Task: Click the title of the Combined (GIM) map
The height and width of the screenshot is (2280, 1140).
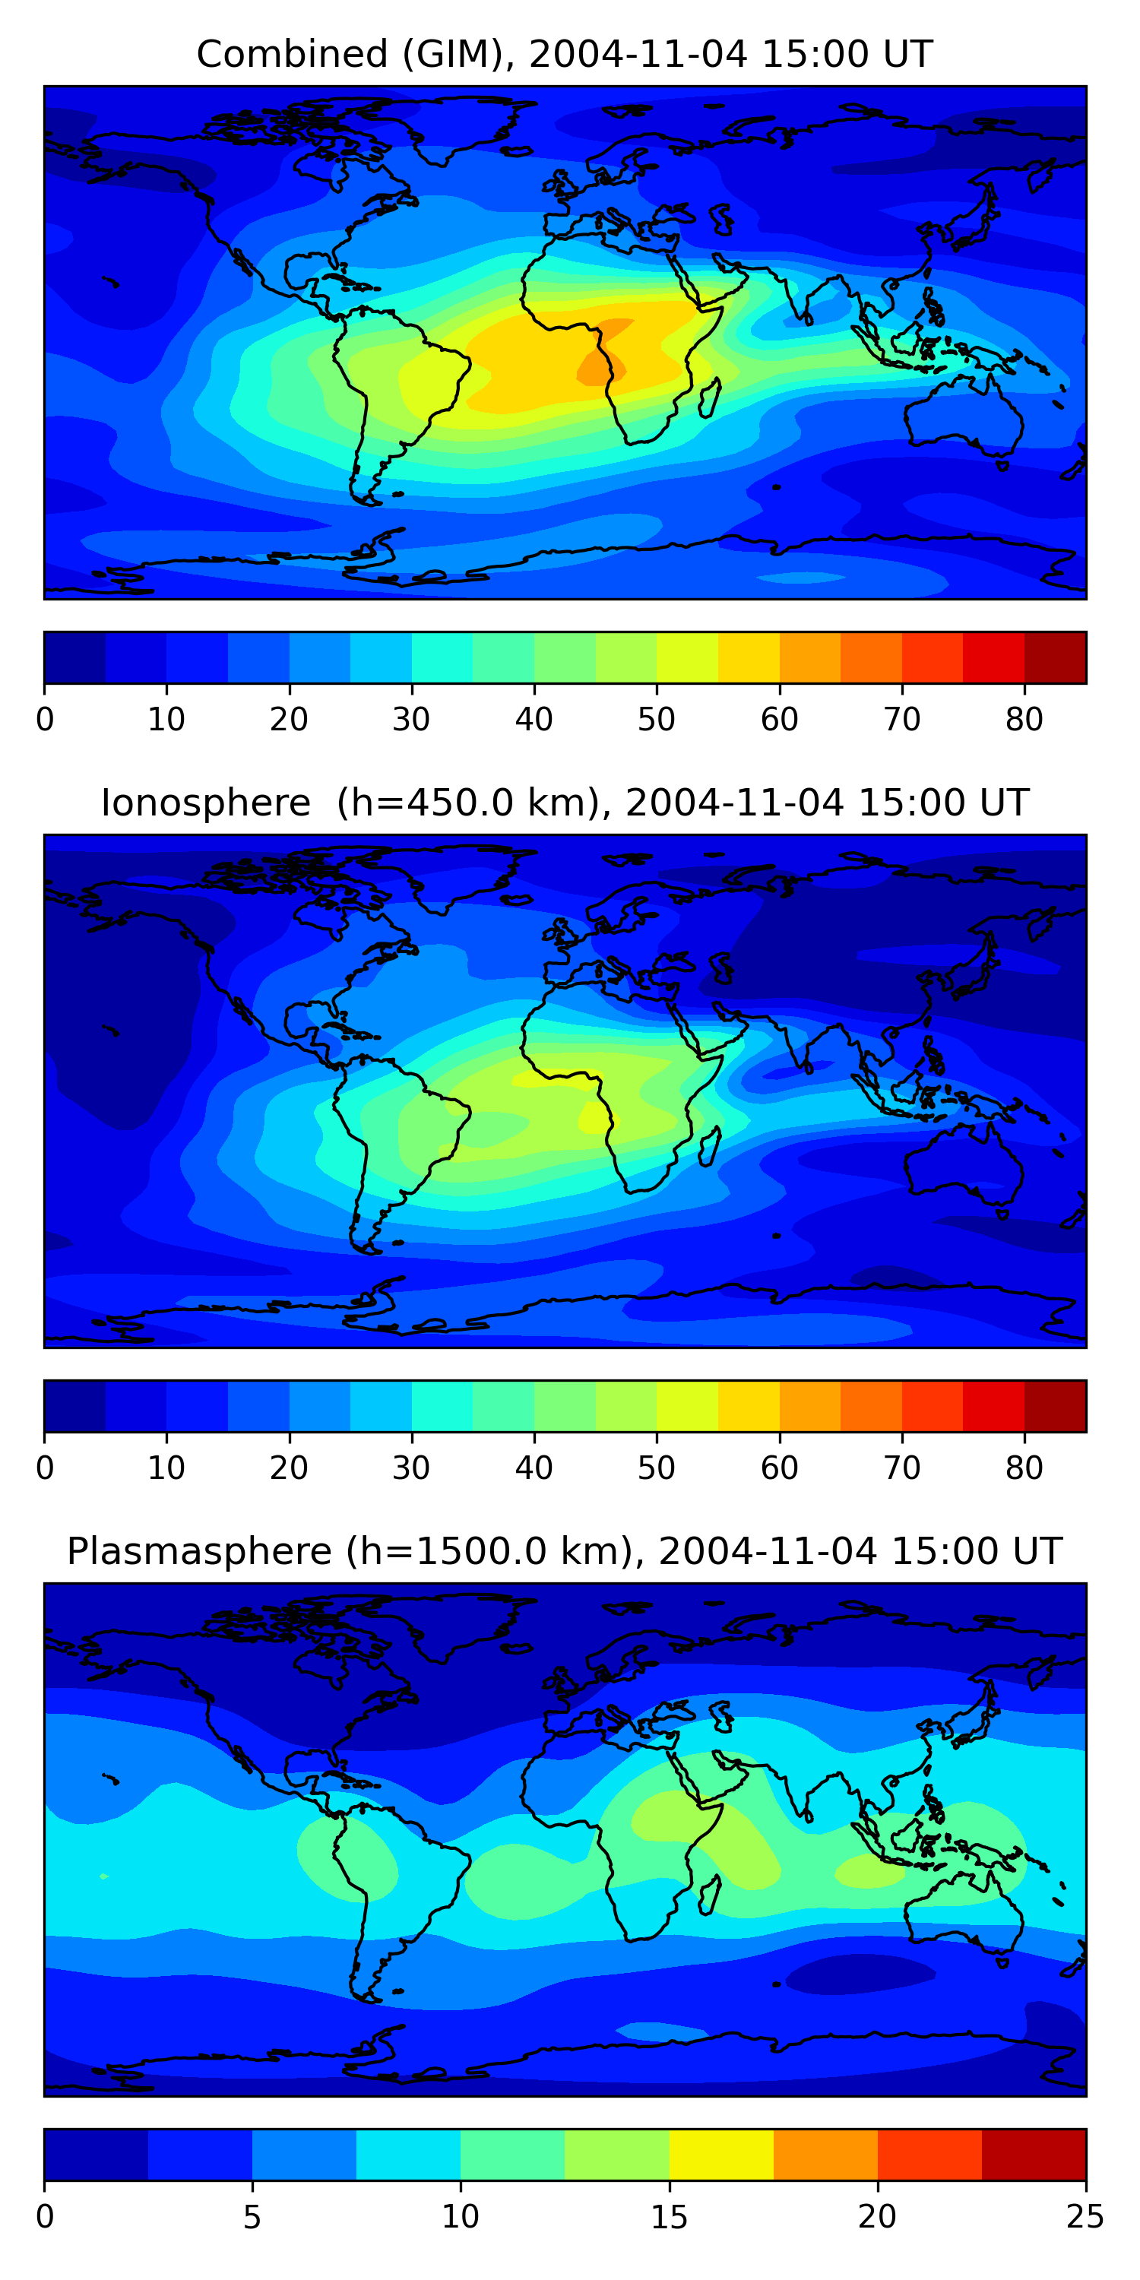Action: coord(564,54)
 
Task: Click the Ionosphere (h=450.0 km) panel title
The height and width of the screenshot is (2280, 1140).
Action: coord(564,803)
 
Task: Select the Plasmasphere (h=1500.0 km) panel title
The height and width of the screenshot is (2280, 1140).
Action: coord(564,1552)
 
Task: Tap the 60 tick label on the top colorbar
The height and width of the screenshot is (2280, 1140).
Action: coord(779,720)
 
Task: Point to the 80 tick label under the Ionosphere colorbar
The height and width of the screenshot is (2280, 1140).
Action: coord(1024,1468)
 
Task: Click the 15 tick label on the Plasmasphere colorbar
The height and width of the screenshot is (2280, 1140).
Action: coord(668,2217)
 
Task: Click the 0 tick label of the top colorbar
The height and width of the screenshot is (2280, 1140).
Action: coord(45,720)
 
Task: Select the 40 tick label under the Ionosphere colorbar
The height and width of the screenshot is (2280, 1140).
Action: coord(534,1468)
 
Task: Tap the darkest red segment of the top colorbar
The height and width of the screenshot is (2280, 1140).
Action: coord(1055,657)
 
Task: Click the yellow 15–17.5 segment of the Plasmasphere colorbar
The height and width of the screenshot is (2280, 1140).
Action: coord(720,2155)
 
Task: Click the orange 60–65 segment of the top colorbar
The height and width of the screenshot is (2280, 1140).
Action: coord(810,657)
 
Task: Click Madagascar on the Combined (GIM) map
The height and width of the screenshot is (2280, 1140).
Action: coord(709,398)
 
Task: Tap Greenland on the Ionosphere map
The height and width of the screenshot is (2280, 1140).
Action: coord(461,872)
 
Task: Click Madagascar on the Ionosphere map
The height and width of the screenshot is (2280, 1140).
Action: coord(709,1147)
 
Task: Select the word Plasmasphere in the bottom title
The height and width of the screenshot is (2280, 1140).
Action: coord(198,1552)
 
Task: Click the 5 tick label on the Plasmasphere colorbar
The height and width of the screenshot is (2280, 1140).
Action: coord(252,2217)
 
